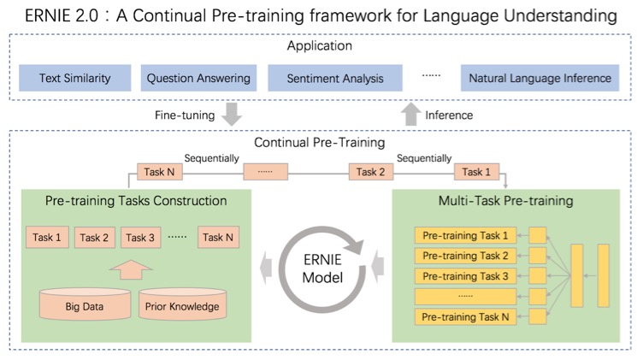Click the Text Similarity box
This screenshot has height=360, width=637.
(75, 78)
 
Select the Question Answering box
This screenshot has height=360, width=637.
(198, 78)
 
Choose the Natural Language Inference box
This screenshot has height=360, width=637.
(540, 78)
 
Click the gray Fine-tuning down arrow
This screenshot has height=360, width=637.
(230, 113)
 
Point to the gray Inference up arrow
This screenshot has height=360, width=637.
(411, 113)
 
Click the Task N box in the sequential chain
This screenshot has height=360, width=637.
(160, 172)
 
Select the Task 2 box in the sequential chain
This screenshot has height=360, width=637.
(371, 172)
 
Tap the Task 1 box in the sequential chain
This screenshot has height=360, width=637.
(477, 172)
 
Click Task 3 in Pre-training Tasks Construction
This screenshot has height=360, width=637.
(141, 237)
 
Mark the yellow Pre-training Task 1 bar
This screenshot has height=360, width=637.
(465, 235)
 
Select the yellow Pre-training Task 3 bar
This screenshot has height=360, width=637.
(465, 276)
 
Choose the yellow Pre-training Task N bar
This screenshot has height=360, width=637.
(465, 317)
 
